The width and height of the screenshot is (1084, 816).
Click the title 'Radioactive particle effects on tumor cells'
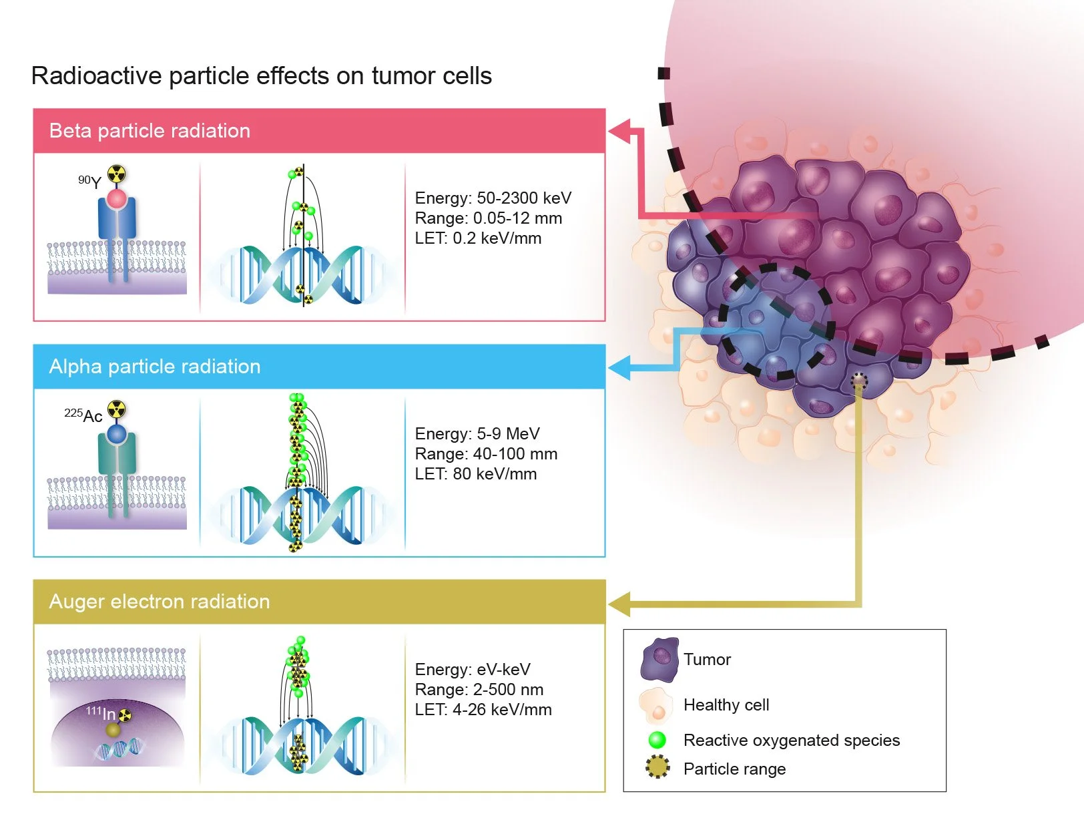tap(261, 76)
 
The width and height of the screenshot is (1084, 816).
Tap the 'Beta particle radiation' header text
tap(150, 131)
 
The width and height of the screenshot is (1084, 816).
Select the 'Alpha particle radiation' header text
tap(155, 367)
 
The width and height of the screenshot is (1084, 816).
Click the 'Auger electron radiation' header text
tap(160, 602)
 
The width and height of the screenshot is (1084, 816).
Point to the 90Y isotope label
tap(90, 182)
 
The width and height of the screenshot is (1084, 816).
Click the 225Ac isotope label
tap(83, 415)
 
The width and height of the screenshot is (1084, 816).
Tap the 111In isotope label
tap(101, 713)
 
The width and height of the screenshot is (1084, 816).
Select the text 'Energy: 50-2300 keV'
tap(493, 198)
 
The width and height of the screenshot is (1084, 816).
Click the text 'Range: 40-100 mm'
tap(486, 454)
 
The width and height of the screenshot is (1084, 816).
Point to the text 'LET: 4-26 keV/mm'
tap(483, 710)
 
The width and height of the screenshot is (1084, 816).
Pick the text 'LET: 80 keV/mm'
tap(476, 474)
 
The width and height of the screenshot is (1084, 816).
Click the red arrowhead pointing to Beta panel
tap(620, 132)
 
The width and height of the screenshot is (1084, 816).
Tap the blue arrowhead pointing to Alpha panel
tap(620, 368)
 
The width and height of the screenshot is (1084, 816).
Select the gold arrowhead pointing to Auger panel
tap(620, 604)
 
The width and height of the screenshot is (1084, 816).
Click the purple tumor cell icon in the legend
tap(659, 659)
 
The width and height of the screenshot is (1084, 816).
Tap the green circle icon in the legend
tap(657, 740)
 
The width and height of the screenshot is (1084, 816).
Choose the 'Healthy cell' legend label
tap(726, 705)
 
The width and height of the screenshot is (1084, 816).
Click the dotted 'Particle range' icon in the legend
tap(657, 768)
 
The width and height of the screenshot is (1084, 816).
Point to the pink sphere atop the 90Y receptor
tap(117, 198)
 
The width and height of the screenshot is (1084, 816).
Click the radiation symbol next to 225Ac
tap(117, 409)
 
